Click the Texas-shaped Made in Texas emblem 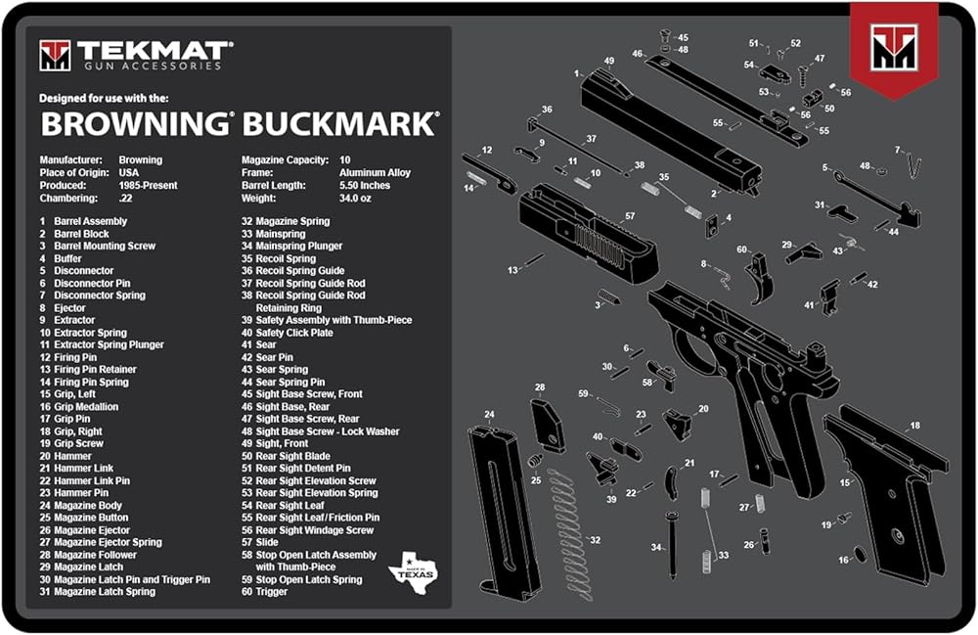413,568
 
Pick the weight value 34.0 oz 355,198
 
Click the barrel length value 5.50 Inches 365,185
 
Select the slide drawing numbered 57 587,234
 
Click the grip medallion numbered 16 860,553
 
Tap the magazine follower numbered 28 549,426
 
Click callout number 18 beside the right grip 915,426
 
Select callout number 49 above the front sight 608,61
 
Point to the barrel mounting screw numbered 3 609,296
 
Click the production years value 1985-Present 148,185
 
